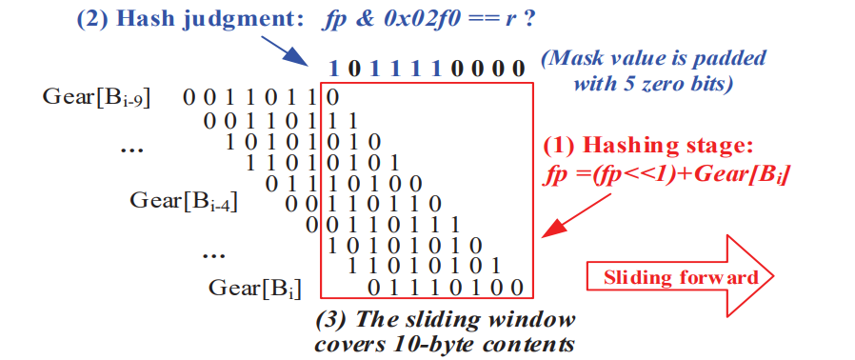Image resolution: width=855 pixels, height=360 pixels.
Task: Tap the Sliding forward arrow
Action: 680,276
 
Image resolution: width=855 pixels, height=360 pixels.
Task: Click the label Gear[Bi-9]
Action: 97,98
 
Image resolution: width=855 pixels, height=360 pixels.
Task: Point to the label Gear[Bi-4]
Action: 183,201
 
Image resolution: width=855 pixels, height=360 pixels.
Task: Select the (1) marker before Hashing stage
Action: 558,146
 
